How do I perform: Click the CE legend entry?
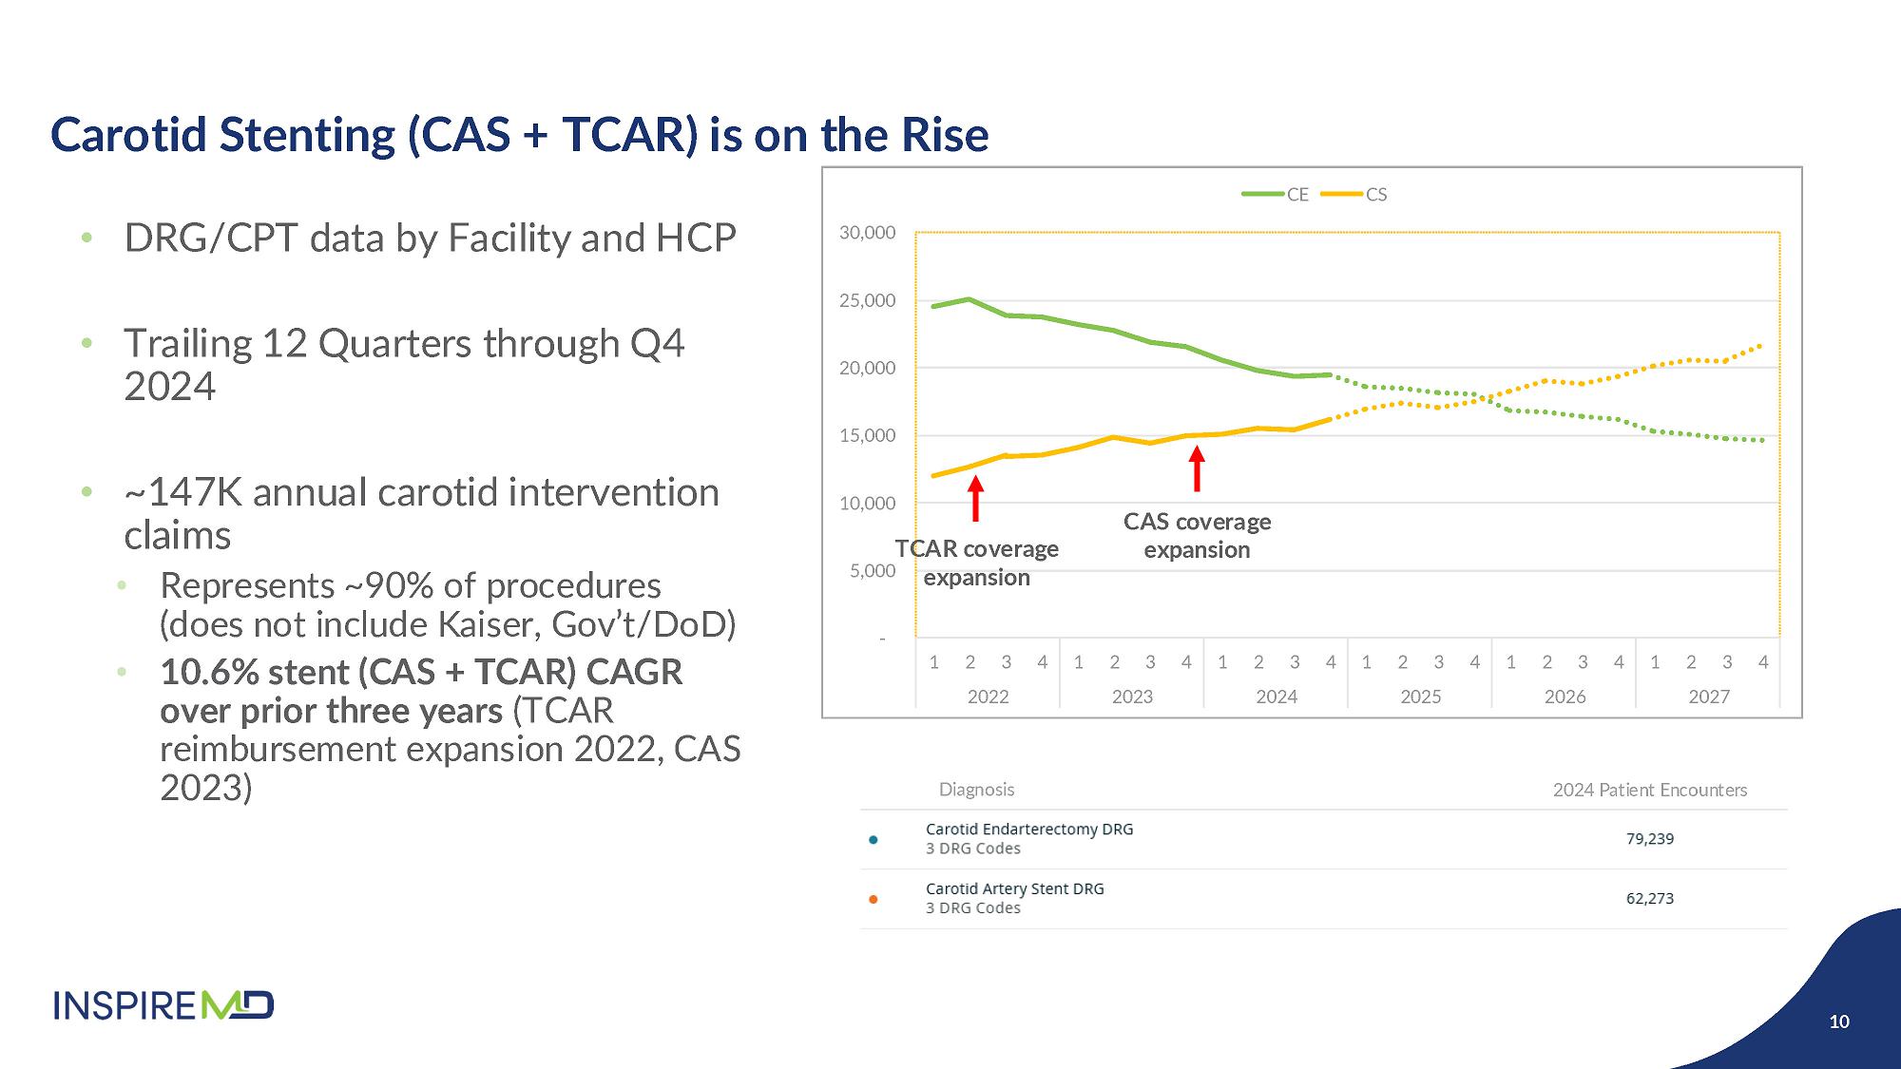point(1276,195)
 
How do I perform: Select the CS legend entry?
point(1355,195)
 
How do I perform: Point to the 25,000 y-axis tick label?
point(867,300)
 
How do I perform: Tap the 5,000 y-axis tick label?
point(873,571)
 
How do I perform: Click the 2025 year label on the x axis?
point(1420,697)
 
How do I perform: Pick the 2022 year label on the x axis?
point(988,697)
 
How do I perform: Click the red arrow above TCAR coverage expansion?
point(975,498)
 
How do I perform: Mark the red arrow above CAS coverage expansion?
point(1197,468)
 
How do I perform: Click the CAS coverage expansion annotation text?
point(1197,536)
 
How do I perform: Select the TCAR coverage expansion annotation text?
point(977,563)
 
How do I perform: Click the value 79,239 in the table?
point(1649,839)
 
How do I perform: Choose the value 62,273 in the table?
point(1649,898)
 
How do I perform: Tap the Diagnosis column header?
point(976,790)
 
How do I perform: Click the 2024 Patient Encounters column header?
point(1649,790)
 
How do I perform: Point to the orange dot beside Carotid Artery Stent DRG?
point(874,899)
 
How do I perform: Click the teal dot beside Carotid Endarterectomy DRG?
point(874,839)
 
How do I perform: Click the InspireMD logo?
point(163,1004)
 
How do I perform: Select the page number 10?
point(1839,1021)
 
